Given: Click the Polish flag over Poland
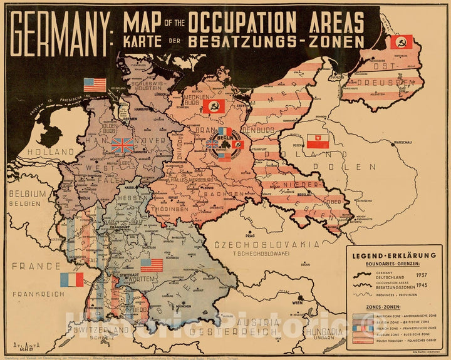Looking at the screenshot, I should coord(318,141).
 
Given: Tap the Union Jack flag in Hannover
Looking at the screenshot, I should coord(122,145).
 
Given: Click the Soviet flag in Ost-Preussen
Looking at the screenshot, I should coord(400,42).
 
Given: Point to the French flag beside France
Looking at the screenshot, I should coord(71,279).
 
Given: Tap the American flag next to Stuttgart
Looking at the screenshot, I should coord(151,265).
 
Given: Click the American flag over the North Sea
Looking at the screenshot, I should coord(95,85).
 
